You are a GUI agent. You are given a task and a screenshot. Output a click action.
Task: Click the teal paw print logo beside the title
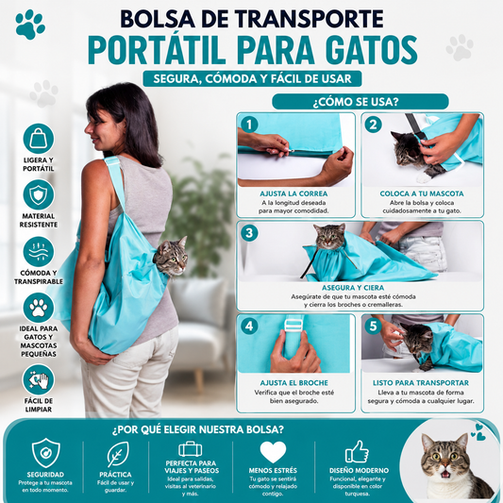click(30, 25)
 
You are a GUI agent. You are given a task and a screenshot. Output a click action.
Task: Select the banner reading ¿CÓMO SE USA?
click(360, 102)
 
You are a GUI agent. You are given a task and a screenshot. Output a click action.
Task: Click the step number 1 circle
click(249, 125)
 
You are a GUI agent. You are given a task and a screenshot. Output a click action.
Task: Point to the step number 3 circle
click(249, 233)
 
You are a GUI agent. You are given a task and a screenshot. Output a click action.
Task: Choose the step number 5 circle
click(373, 327)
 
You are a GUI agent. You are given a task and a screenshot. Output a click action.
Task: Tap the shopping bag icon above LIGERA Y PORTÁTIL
click(39, 139)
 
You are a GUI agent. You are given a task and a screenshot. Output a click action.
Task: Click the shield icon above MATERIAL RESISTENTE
click(39, 194)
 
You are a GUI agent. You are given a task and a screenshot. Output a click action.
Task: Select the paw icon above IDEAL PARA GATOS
click(39, 308)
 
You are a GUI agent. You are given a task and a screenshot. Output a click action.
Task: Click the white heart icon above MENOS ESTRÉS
click(273, 452)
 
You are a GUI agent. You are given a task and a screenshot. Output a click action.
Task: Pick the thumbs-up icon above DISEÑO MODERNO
click(357, 452)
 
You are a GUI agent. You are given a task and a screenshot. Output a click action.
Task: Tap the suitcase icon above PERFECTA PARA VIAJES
click(191, 448)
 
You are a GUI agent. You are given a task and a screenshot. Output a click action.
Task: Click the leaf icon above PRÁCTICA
click(118, 454)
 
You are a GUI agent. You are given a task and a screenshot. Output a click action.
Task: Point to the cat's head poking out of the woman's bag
click(171, 257)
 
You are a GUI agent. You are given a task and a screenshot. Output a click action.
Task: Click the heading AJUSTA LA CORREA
click(293, 193)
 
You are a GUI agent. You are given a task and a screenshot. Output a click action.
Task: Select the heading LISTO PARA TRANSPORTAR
click(421, 383)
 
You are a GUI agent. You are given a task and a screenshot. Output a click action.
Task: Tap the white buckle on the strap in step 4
click(294, 326)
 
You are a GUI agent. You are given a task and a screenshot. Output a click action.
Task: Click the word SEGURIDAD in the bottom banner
click(45, 475)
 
